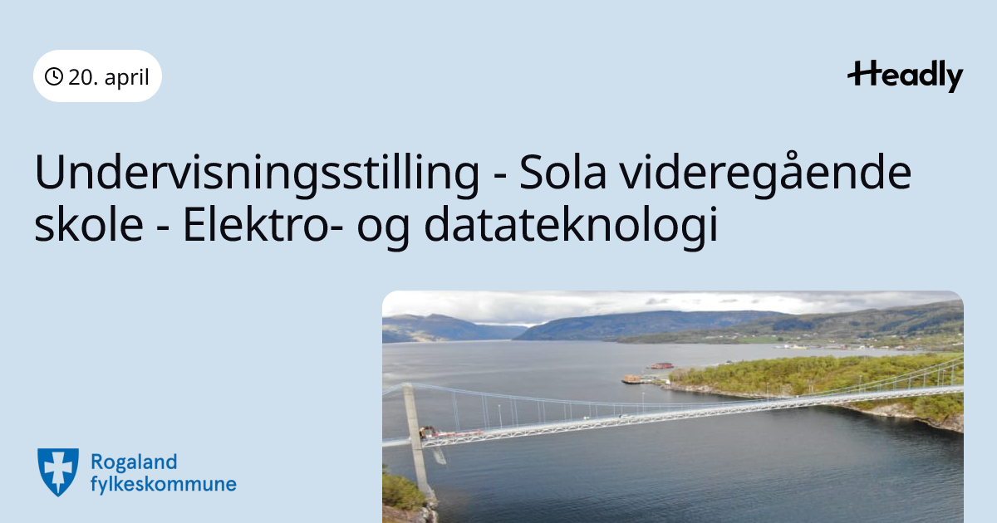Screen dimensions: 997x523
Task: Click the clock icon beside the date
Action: click(x=54, y=76)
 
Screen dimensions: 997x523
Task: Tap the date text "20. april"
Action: click(x=109, y=77)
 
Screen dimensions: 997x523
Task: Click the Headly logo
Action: click(x=906, y=76)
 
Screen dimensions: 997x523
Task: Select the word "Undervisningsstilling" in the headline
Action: click(x=257, y=174)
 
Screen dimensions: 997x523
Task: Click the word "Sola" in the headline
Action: click(x=562, y=173)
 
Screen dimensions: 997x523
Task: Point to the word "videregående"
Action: click(x=766, y=174)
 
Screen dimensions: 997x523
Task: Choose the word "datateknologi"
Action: click(x=571, y=227)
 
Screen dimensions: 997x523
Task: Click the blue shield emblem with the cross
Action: click(x=58, y=472)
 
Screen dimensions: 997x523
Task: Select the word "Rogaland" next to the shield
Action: click(x=134, y=463)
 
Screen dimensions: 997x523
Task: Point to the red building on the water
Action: click(x=661, y=365)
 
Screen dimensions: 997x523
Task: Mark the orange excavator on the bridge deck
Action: click(x=428, y=432)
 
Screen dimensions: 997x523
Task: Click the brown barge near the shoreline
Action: click(x=631, y=379)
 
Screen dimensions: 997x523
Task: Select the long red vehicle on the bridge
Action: click(x=459, y=433)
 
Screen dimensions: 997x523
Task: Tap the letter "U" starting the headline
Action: click(x=50, y=172)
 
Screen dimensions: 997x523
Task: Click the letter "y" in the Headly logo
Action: click(x=953, y=80)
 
